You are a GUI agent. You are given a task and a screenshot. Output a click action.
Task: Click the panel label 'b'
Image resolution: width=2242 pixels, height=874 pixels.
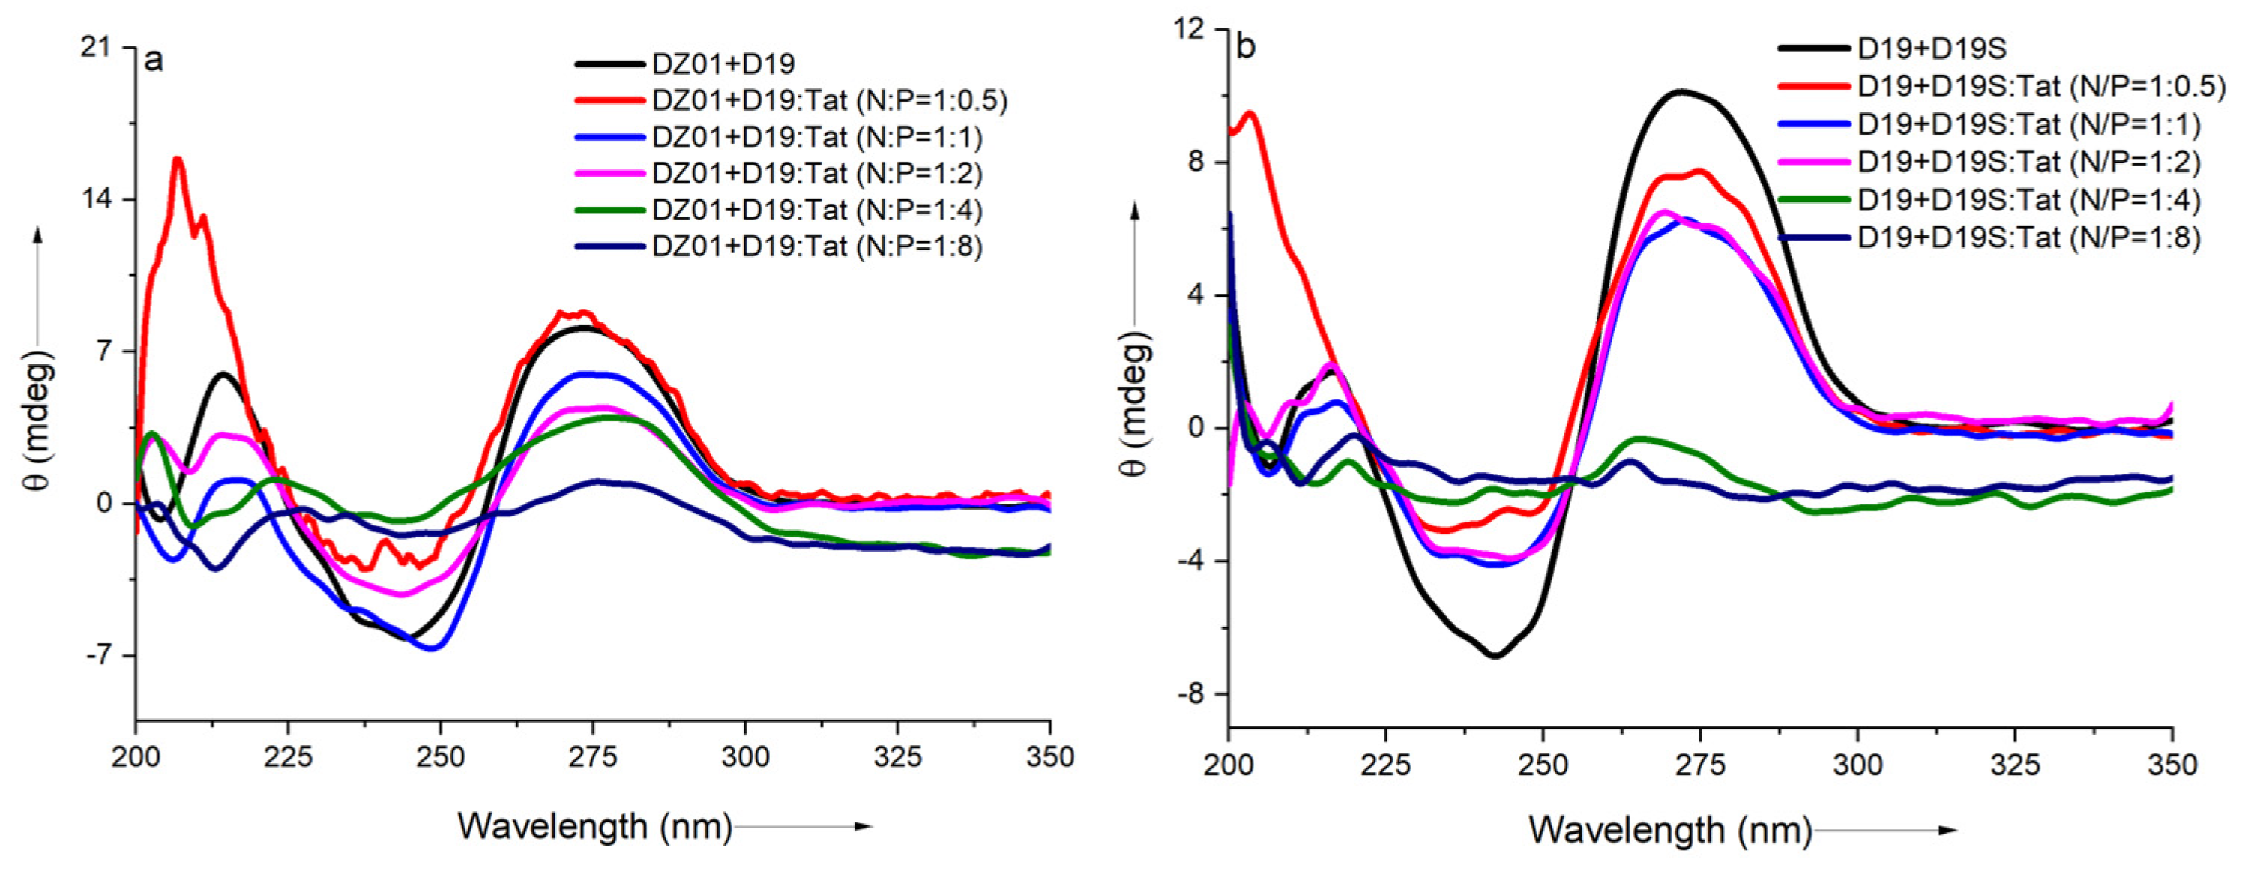click(x=1246, y=46)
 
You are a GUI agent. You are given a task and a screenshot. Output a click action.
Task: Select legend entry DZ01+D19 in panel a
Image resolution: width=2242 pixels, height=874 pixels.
click(x=723, y=64)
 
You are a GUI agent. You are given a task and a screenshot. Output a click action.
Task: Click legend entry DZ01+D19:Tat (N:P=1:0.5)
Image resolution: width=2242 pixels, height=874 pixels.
click(x=828, y=100)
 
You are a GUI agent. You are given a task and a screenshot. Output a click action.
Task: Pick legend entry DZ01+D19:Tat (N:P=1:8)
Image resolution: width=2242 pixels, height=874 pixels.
click(x=816, y=247)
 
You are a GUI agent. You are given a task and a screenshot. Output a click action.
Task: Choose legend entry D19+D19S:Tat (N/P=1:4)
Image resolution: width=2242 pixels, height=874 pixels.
click(x=2028, y=199)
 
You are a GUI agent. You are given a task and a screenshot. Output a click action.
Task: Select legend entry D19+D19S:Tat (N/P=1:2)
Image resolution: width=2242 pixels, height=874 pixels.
click(x=2028, y=162)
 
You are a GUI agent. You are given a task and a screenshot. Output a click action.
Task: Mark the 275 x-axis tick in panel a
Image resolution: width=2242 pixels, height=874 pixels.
click(x=593, y=756)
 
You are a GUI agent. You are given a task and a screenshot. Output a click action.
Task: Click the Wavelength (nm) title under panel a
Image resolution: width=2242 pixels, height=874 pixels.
click(x=594, y=825)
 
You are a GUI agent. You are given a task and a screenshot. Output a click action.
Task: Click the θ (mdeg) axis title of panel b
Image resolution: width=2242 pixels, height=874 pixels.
click(x=1135, y=405)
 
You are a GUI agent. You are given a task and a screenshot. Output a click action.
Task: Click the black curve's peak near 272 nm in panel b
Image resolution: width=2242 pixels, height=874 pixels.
click(x=1681, y=91)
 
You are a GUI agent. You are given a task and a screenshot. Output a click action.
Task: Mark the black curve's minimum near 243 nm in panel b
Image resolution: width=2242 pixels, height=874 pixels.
click(x=1495, y=655)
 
